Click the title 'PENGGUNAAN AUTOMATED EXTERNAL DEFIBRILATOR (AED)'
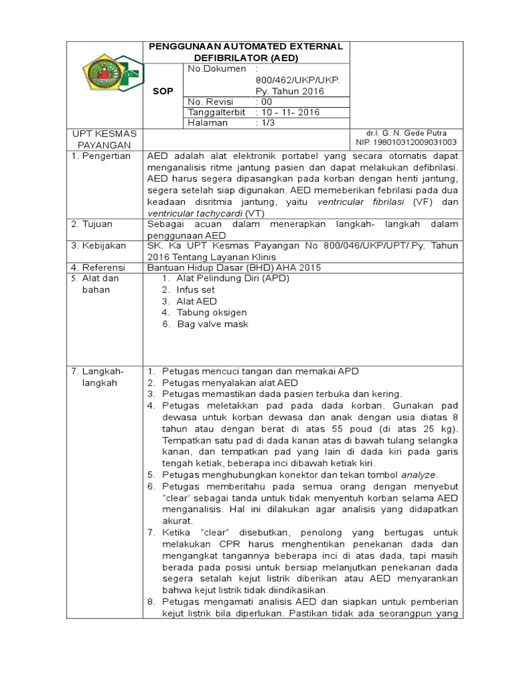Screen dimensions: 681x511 [246, 52]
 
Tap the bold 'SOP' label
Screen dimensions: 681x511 [162, 90]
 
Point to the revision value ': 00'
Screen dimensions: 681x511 [265, 102]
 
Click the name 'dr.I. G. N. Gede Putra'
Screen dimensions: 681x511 [407, 134]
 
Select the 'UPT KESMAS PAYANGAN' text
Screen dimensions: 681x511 [104, 139]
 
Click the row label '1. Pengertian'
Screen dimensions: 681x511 [101, 156]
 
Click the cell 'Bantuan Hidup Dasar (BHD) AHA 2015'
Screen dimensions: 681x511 [234, 267]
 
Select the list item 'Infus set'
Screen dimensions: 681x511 [196, 290]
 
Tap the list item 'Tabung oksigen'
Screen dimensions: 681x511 [212, 313]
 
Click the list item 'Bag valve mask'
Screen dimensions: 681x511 [212, 324]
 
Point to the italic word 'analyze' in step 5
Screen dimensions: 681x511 [418, 475]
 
